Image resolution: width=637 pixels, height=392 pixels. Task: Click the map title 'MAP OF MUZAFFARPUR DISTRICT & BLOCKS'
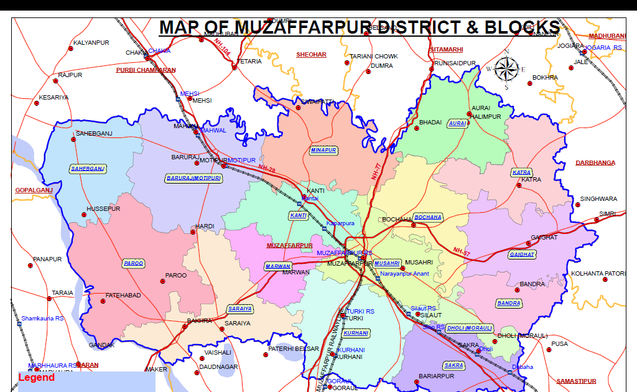(x=360, y=27)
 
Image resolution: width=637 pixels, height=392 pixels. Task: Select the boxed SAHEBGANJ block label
(x=87, y=169)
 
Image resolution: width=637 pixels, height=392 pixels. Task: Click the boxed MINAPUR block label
(x=323, y=150)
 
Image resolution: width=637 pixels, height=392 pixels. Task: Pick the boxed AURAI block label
(x=457, y=124)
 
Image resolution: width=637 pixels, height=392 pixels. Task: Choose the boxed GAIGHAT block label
(x=522, y=254)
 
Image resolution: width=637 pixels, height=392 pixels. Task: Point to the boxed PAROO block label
(x=134, y=264)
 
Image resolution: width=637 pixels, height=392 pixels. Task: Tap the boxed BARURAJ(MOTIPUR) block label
(x=194, y=178)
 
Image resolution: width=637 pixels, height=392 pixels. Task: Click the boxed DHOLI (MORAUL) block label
(x=469, y=328)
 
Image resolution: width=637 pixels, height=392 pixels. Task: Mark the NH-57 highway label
(x=461, y=251)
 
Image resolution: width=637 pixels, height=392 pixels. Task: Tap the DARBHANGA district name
(x=595, y=162)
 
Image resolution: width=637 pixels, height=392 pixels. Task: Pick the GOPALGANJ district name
(x=34, y=190)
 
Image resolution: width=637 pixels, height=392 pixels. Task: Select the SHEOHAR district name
(x=311, y=55)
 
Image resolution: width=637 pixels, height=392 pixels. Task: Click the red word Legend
(x=36, y=378)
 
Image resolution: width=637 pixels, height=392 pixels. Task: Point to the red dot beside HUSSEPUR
(x=85, y=215)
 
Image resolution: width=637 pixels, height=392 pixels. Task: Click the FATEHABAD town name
(x=123, y=295)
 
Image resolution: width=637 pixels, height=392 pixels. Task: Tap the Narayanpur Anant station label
(x=404, y=273)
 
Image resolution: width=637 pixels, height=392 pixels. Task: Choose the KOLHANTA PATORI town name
(x=598, y=273)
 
